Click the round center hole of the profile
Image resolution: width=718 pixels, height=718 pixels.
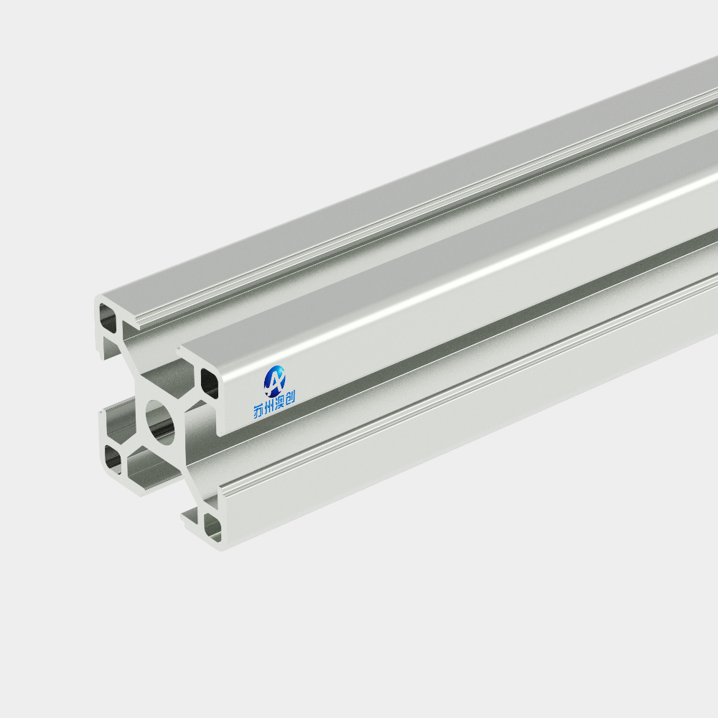160,423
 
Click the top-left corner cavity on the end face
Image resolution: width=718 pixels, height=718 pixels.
108,317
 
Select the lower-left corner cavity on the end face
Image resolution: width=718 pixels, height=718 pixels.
113,458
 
